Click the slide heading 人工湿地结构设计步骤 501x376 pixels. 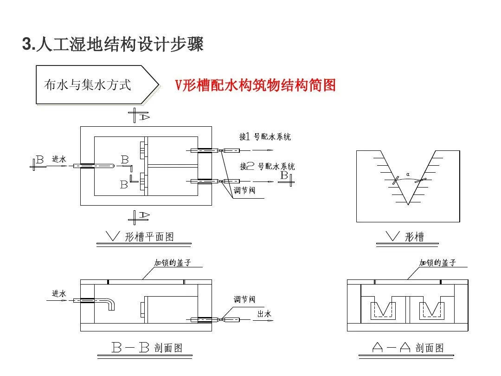click(x=113, y=45)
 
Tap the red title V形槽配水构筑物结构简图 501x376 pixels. click(x=255, y=85)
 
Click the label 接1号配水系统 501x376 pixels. click(x=265, y=136)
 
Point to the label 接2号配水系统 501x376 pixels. click(x=267, y=166)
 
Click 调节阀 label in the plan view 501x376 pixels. click(x=244, y=190)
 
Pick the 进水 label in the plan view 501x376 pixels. click(x=59, y=159)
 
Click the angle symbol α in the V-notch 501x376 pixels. click(x=408, y=175)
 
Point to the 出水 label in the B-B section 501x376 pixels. click(x=264, y=314)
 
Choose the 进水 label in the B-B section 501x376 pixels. click(x=59, y=293)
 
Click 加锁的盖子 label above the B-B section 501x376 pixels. click(x=173, y=263)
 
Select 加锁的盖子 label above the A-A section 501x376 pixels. click(x=437, y=263)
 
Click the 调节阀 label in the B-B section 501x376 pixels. click(x=244, y=299)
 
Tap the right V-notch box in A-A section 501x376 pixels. click(x=431, y=310)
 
